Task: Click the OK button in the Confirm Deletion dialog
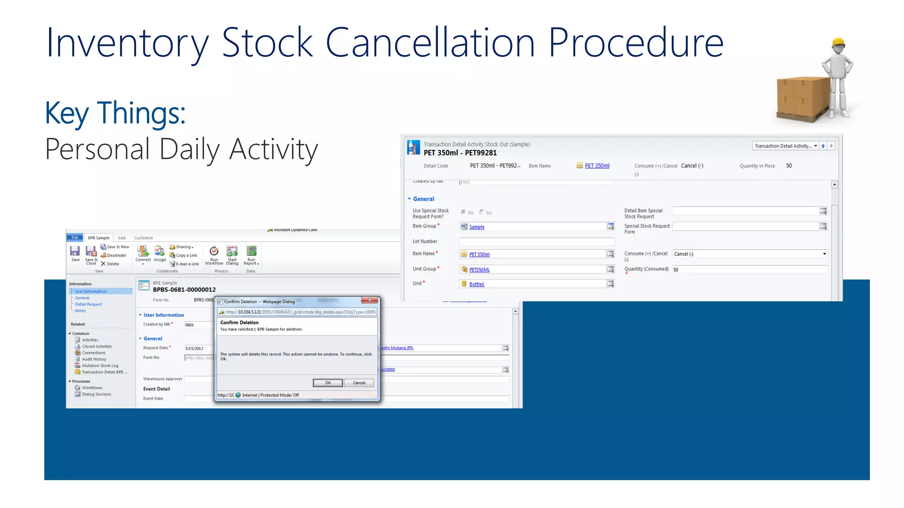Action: tap(328, 383)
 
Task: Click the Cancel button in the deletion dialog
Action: tap(359, 383)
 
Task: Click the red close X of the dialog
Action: tap(369, 300)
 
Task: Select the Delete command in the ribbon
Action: tap(110, 264)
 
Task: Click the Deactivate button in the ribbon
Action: tap(114, 255)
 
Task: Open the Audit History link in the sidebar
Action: tap(94, 359)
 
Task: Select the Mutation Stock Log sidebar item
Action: tap(100, 366)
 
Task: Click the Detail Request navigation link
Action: tap(88, 304)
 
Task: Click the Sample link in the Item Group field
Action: tap(477, 227)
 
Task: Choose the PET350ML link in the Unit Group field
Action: tap(479, 269)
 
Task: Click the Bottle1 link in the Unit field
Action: tap(477, 284)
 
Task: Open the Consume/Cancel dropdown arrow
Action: tap(824, 254)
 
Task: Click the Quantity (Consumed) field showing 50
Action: tap(749, 269)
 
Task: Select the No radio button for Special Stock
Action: tap(463, 212)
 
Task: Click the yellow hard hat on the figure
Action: tap(838, 43)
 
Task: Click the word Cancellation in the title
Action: tap(430, 43)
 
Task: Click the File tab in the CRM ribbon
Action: tap(75, 238)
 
